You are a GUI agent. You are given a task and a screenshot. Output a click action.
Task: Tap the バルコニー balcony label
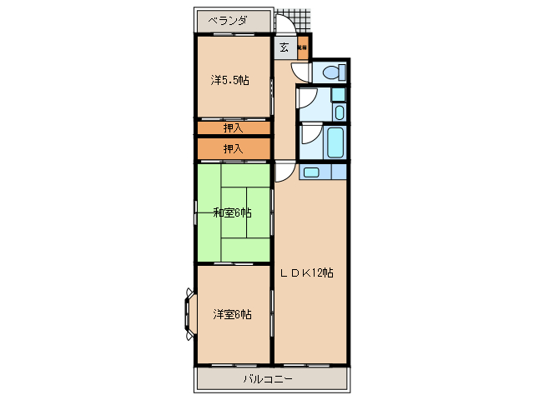tap(268, 378)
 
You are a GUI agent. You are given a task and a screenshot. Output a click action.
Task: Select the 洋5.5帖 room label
tap(230, 81)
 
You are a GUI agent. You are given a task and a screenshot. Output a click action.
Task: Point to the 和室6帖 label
tap(232, 212)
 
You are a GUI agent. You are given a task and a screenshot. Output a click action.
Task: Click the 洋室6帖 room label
tap(232, 314)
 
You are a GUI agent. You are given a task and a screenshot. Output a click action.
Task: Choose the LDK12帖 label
tap(306, 272)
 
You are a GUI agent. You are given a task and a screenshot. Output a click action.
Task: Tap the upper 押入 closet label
tap(234, 128)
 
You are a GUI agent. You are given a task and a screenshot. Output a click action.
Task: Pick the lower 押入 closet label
tap(234, 148)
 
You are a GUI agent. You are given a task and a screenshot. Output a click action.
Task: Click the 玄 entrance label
tap(285, 47)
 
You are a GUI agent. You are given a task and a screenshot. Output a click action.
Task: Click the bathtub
tap(335, 142)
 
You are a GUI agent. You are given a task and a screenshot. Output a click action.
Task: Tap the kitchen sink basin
tap(310, 172)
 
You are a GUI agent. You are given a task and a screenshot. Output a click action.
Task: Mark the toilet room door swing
tap(305, 72)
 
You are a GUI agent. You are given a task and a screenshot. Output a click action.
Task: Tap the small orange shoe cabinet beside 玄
tap(302, 47)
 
